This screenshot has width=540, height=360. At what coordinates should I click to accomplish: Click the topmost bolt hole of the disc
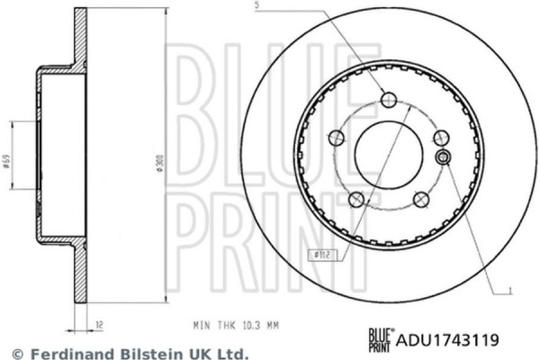point(389,99)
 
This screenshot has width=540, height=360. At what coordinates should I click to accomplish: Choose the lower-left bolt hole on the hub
point(357,198)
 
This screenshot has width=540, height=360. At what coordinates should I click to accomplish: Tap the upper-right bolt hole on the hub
point(440,138)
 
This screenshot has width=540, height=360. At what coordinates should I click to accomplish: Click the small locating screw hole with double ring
point(443,157)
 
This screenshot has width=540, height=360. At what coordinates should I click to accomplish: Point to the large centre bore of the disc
point(389,151)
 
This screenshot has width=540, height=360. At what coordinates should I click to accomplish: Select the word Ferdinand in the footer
point(62,354)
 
